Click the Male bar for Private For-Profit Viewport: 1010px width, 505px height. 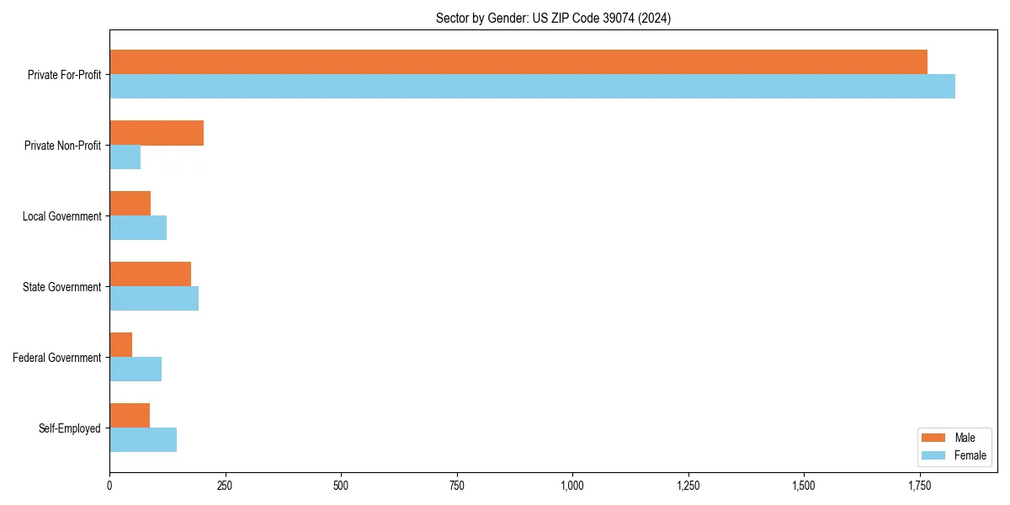[x=518, y=62]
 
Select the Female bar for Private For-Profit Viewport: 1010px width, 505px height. [x=532, y=87]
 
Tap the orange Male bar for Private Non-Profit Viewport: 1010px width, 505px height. [x=157, y=133]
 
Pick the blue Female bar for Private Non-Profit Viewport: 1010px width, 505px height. [x=125, y=157]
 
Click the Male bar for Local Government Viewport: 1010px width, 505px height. [x=130, y=204]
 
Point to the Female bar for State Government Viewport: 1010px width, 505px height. [x=154, y=299]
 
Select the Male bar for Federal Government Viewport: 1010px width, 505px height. [x=120, y=345]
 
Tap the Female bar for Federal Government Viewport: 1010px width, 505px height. [x=136, y=369]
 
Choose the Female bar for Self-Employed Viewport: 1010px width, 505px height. [x=143, y=440]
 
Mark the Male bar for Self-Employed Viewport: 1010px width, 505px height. [x=130, y=416]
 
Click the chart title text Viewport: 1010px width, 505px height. [x=553, y=18]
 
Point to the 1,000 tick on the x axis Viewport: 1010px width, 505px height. [x=572, y=486]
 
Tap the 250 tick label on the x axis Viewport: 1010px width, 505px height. [x=225, y=486]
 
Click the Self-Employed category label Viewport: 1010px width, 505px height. [x=70, y=428]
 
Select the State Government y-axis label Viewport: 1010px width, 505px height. [x=62, y=287]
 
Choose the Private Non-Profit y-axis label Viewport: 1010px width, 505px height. [x=63, y=146]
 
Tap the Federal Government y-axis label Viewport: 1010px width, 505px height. [x=57, y=358]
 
